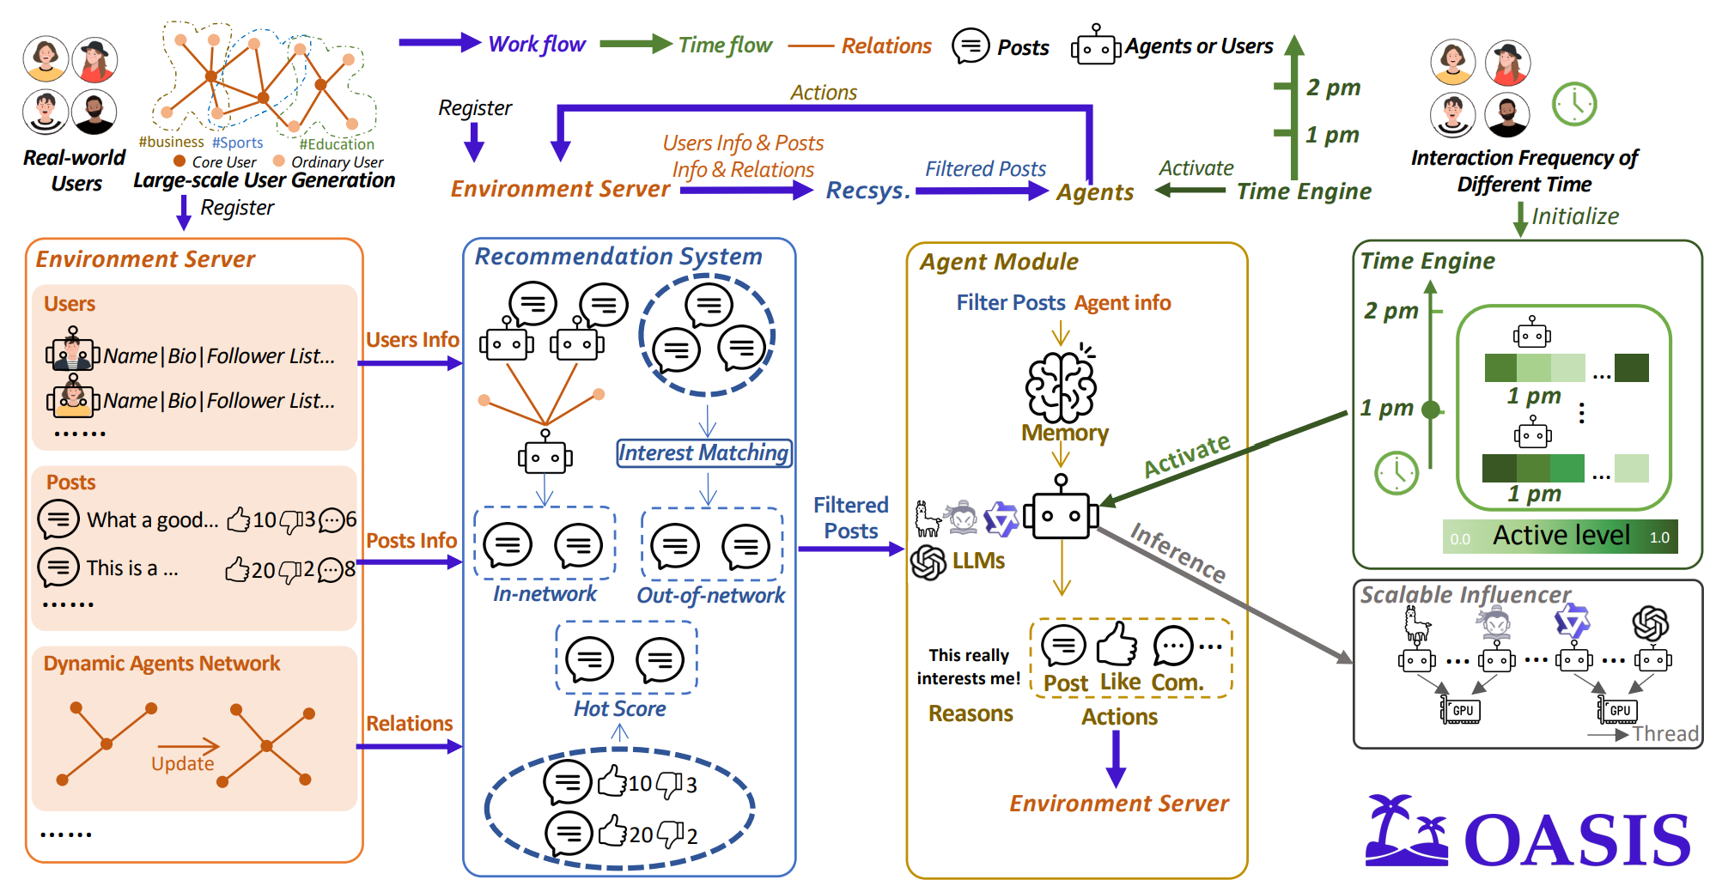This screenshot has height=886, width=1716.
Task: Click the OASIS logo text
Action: pyautogui.click(x=1577, y=840)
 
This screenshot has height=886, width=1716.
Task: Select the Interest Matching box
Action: pyautogui.click(x=704, y=452)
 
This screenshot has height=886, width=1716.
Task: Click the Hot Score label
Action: pyautogui.click(x=619, y=708)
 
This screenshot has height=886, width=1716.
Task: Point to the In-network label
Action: pyautogui.click(x=545, y=594)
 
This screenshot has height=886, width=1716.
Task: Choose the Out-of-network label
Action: pyautogui.click(x=710, y=595)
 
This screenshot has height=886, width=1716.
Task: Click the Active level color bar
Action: pyautogui.click(x=1560, y=536)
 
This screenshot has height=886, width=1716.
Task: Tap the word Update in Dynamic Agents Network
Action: pyautogui.click(x=182, y=763)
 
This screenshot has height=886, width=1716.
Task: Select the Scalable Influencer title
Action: pyautogui.click(x=1465, y=594)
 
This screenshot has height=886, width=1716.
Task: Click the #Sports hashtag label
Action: pyautogui.click(x=238, y=143)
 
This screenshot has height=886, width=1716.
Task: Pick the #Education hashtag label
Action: pyautogui.click(x=337, y=144)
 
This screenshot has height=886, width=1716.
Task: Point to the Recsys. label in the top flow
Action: pyautogui.click(x=867, y=191)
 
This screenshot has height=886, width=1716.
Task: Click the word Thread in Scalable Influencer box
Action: pyautogui.click(x=1665, y=734)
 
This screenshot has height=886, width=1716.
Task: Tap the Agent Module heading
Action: pyautogui.click(x=999, y=262)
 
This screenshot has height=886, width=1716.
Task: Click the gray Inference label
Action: pyautogui.click(x=1177, y=553)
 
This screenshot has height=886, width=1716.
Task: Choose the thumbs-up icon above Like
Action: pyautogui.click(x=1117, y=644)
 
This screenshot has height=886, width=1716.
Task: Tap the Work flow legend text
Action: pyautogui.click(x=537, y=44)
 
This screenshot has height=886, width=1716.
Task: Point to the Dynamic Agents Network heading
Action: pyautogui.click(x=161, y=664)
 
